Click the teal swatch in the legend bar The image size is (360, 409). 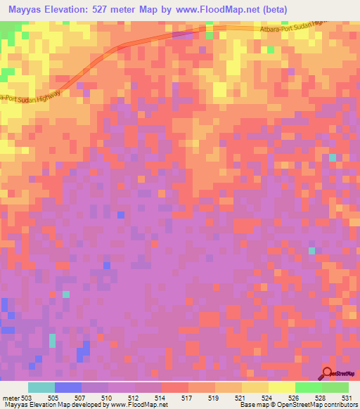[41, 387]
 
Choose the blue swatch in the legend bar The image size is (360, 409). [68, 387]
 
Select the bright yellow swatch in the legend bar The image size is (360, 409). [282, 387]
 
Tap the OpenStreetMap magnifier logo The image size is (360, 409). [328, 372]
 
